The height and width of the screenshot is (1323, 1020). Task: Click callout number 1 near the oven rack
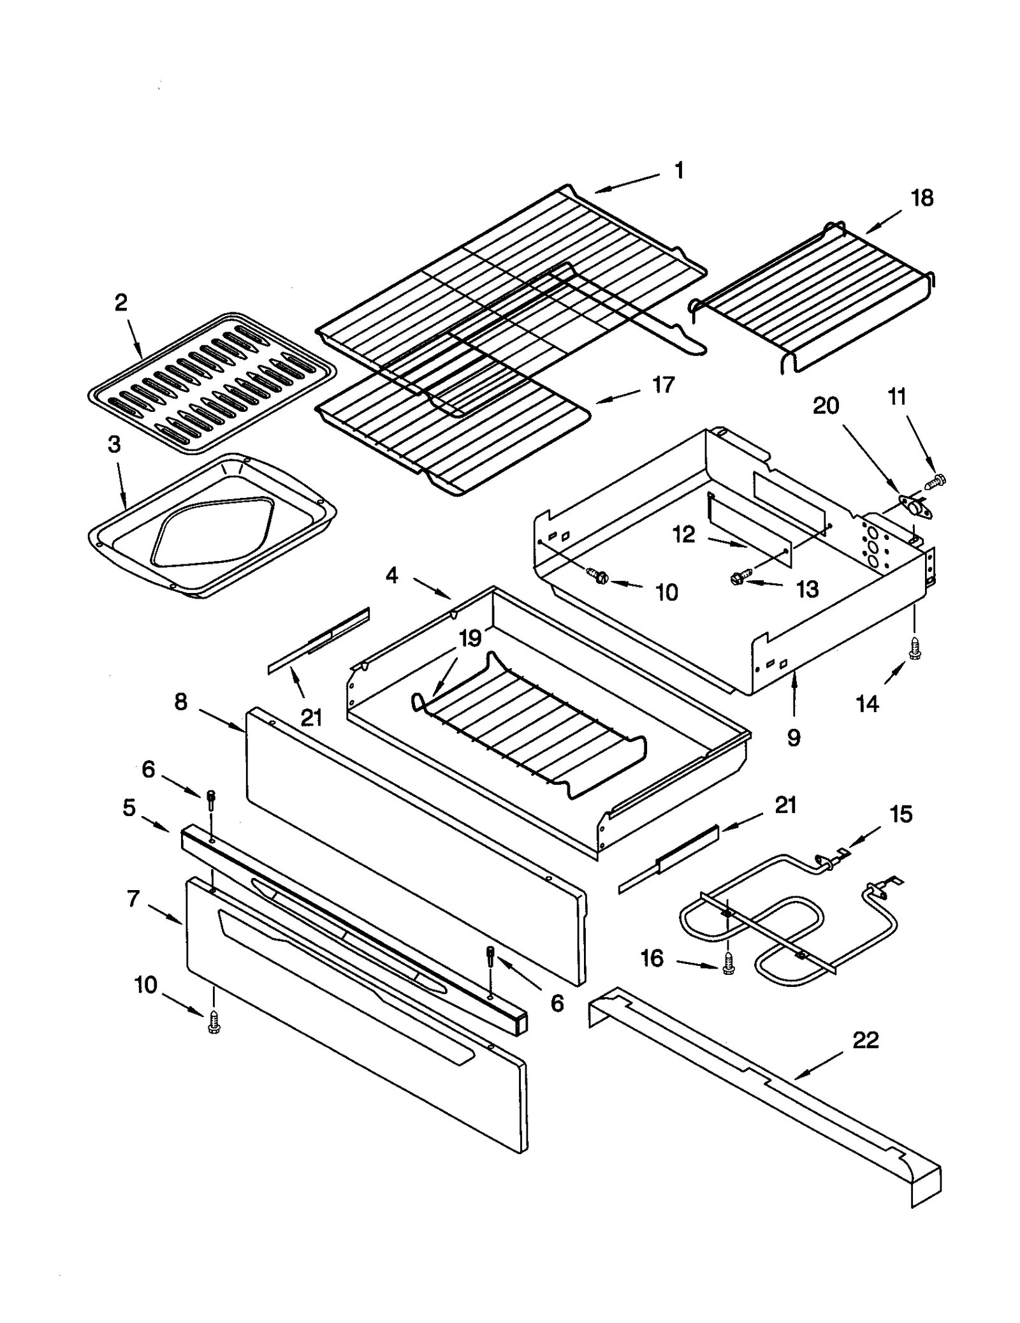point(680,171)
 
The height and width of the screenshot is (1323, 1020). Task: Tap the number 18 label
point(922,198)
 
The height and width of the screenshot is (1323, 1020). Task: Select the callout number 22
point(865,1040)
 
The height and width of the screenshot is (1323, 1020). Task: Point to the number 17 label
point(663,385)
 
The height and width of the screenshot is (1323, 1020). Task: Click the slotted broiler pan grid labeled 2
point(210,383)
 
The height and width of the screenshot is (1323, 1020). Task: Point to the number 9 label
point(793,738)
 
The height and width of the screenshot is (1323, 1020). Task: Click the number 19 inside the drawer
point(470,638)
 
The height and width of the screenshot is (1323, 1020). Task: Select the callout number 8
point(181,702)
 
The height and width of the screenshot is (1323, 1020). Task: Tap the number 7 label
point(133,899)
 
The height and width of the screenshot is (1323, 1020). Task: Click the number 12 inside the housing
point(683,534)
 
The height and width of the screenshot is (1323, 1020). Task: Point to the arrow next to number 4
point(432,588)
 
